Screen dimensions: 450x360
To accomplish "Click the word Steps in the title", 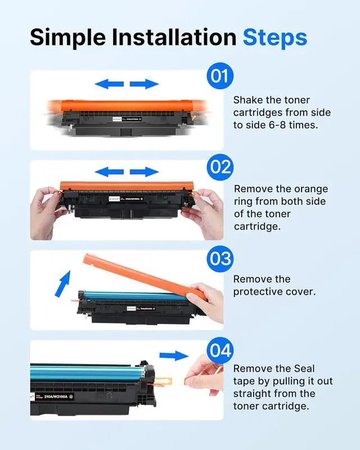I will tap(275, 38).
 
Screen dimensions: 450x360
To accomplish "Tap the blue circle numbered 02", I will tap(220, 167).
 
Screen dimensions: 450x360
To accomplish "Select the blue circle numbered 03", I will tap(219, 258).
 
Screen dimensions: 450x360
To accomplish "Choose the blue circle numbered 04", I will tap(219, 350).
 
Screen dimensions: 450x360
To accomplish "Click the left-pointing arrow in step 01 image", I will tap(109, 84).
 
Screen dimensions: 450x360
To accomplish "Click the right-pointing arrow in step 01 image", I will tap(145, 84).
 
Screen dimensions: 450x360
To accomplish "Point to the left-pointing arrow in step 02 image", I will tap(109, 172).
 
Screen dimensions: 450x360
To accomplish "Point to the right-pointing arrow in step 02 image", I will tap(145, 172).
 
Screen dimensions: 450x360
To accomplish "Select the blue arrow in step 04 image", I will tap(173, 355).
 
